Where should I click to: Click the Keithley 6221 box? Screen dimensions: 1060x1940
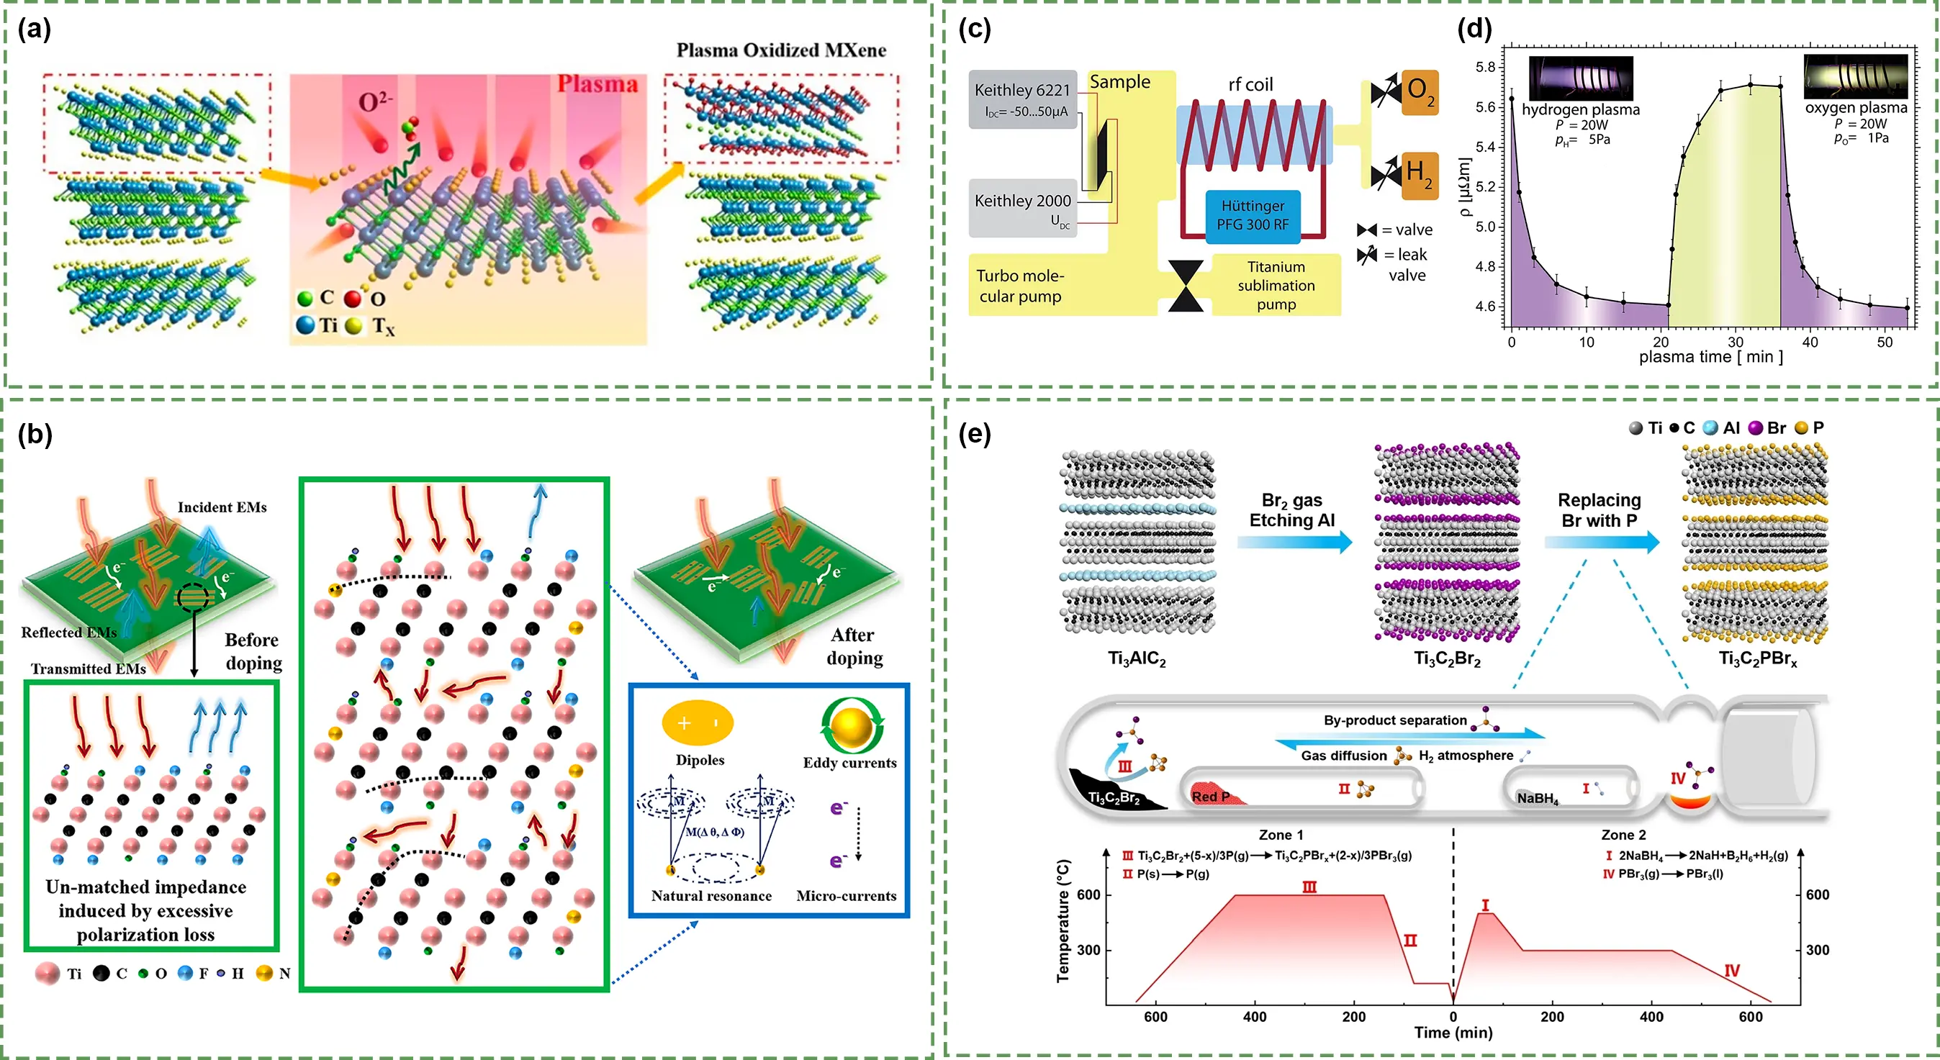(1022, 99)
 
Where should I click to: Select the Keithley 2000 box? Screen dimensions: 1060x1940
(1022, 208)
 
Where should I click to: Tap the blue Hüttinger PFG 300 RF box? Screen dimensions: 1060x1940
(1253, 216)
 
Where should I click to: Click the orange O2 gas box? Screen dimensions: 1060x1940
(1420, 92)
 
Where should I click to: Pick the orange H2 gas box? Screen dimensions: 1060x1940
(1420, 176)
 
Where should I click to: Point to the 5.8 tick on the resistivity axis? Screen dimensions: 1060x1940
(1485, 67)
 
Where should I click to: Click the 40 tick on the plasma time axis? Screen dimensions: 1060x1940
(1810, 343)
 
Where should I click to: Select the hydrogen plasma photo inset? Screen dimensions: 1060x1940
(1581, 78)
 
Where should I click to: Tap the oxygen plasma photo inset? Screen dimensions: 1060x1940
(1856, 77)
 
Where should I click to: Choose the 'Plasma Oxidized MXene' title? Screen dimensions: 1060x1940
(780, 50)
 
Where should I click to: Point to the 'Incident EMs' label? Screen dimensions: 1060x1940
(222, 507)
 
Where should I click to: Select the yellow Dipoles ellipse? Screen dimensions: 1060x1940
(698, 722)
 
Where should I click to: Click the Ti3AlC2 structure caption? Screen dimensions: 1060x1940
(1137, 658)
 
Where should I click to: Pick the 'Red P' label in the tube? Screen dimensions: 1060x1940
(1210, 797)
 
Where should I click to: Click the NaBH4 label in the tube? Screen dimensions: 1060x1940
(1537, 799)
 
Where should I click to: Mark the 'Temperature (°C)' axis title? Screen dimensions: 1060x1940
(1063, 920)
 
